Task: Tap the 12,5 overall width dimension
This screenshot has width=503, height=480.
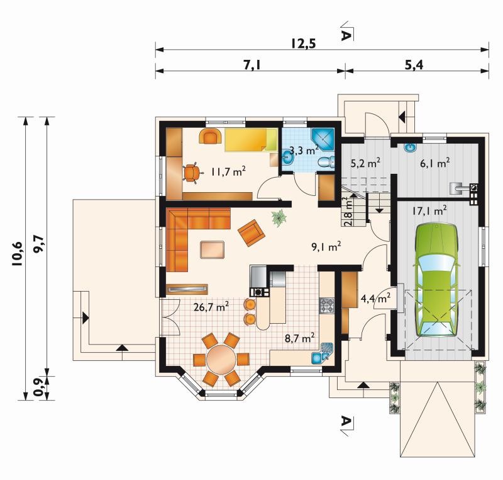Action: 304,43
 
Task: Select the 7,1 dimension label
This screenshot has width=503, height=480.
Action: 253,66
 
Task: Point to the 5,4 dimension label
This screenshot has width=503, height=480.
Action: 414,66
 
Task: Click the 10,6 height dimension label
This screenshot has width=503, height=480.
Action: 17,253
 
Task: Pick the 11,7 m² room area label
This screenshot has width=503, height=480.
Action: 228,171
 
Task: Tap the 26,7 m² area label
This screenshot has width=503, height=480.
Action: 211,307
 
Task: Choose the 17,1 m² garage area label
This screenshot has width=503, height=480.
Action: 429,211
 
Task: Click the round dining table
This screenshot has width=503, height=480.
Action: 221,359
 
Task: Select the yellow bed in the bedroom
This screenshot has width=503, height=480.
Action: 251,140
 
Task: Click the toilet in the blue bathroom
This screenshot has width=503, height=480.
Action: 326,163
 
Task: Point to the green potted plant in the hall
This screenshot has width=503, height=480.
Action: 279,218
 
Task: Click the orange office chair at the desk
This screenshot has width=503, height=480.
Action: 191,173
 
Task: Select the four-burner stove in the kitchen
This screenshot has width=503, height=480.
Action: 327,306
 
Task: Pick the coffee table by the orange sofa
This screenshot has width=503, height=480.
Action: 213,249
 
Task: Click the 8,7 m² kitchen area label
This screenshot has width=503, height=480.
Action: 300,338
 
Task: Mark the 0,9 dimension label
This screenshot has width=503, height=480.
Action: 39,388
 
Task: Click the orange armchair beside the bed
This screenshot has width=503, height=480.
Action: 211,136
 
